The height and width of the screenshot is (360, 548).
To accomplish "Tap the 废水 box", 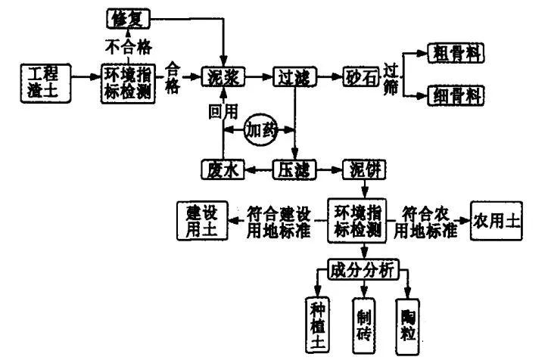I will pos(223,169).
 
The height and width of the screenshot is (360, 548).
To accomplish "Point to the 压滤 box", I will pos(295,169).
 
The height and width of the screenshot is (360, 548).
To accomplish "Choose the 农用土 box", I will pos(496,220).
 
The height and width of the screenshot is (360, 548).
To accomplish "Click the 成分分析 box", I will pos(362,270).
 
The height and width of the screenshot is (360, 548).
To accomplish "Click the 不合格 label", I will pos(128,45).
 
